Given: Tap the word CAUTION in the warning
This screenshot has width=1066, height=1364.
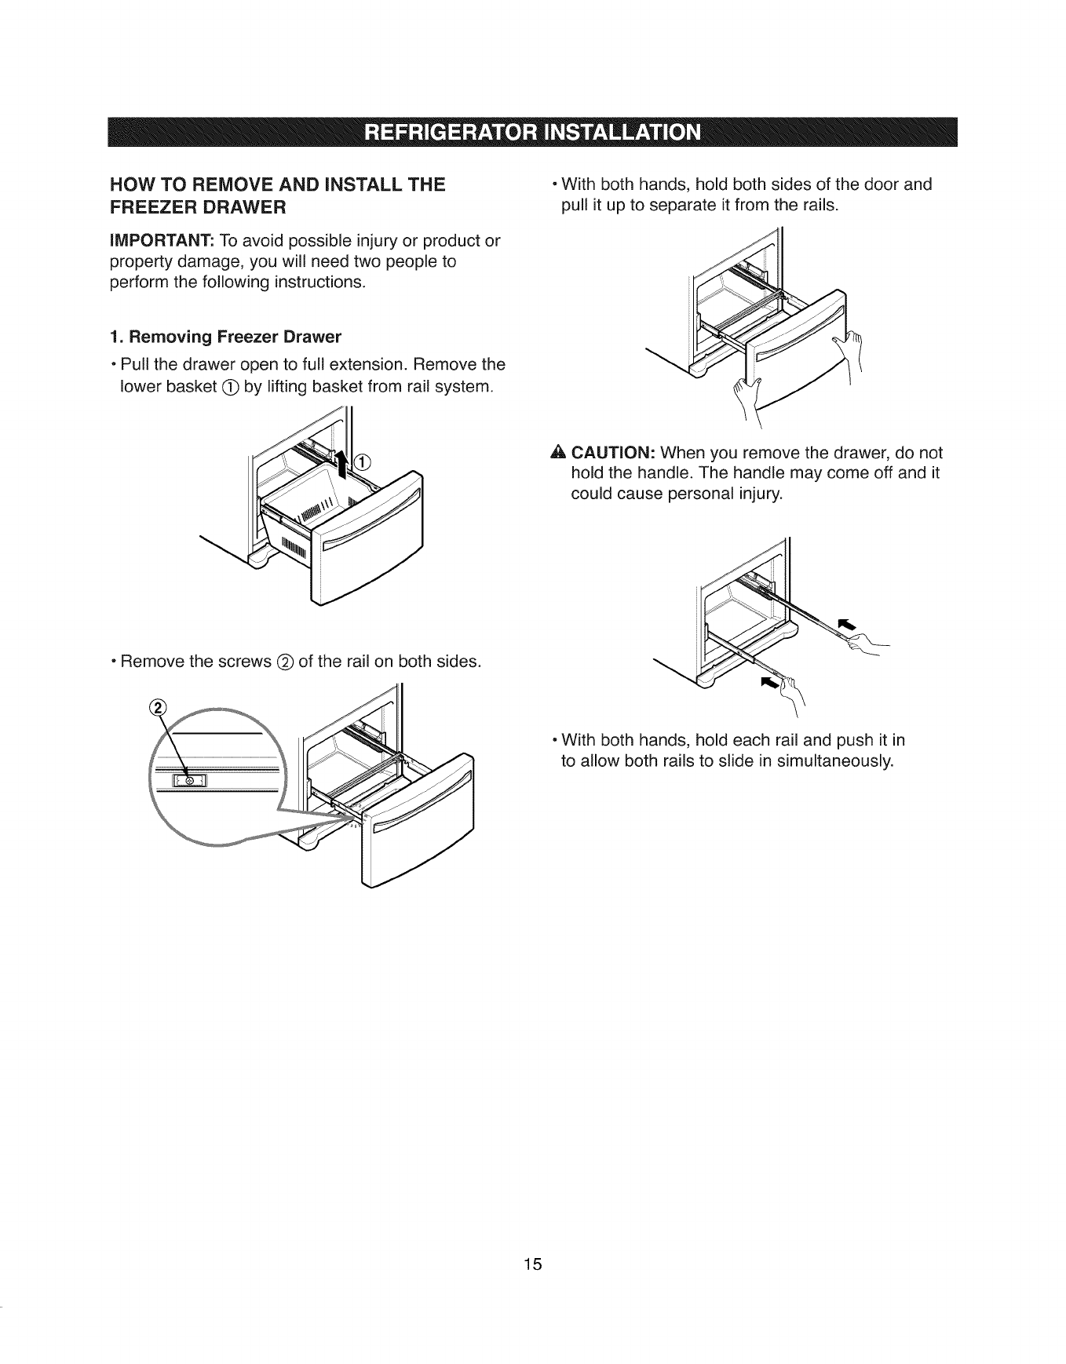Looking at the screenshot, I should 614,454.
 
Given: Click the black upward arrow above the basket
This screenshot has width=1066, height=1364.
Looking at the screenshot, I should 341,465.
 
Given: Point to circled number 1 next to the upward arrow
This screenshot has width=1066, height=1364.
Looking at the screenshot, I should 362,461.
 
